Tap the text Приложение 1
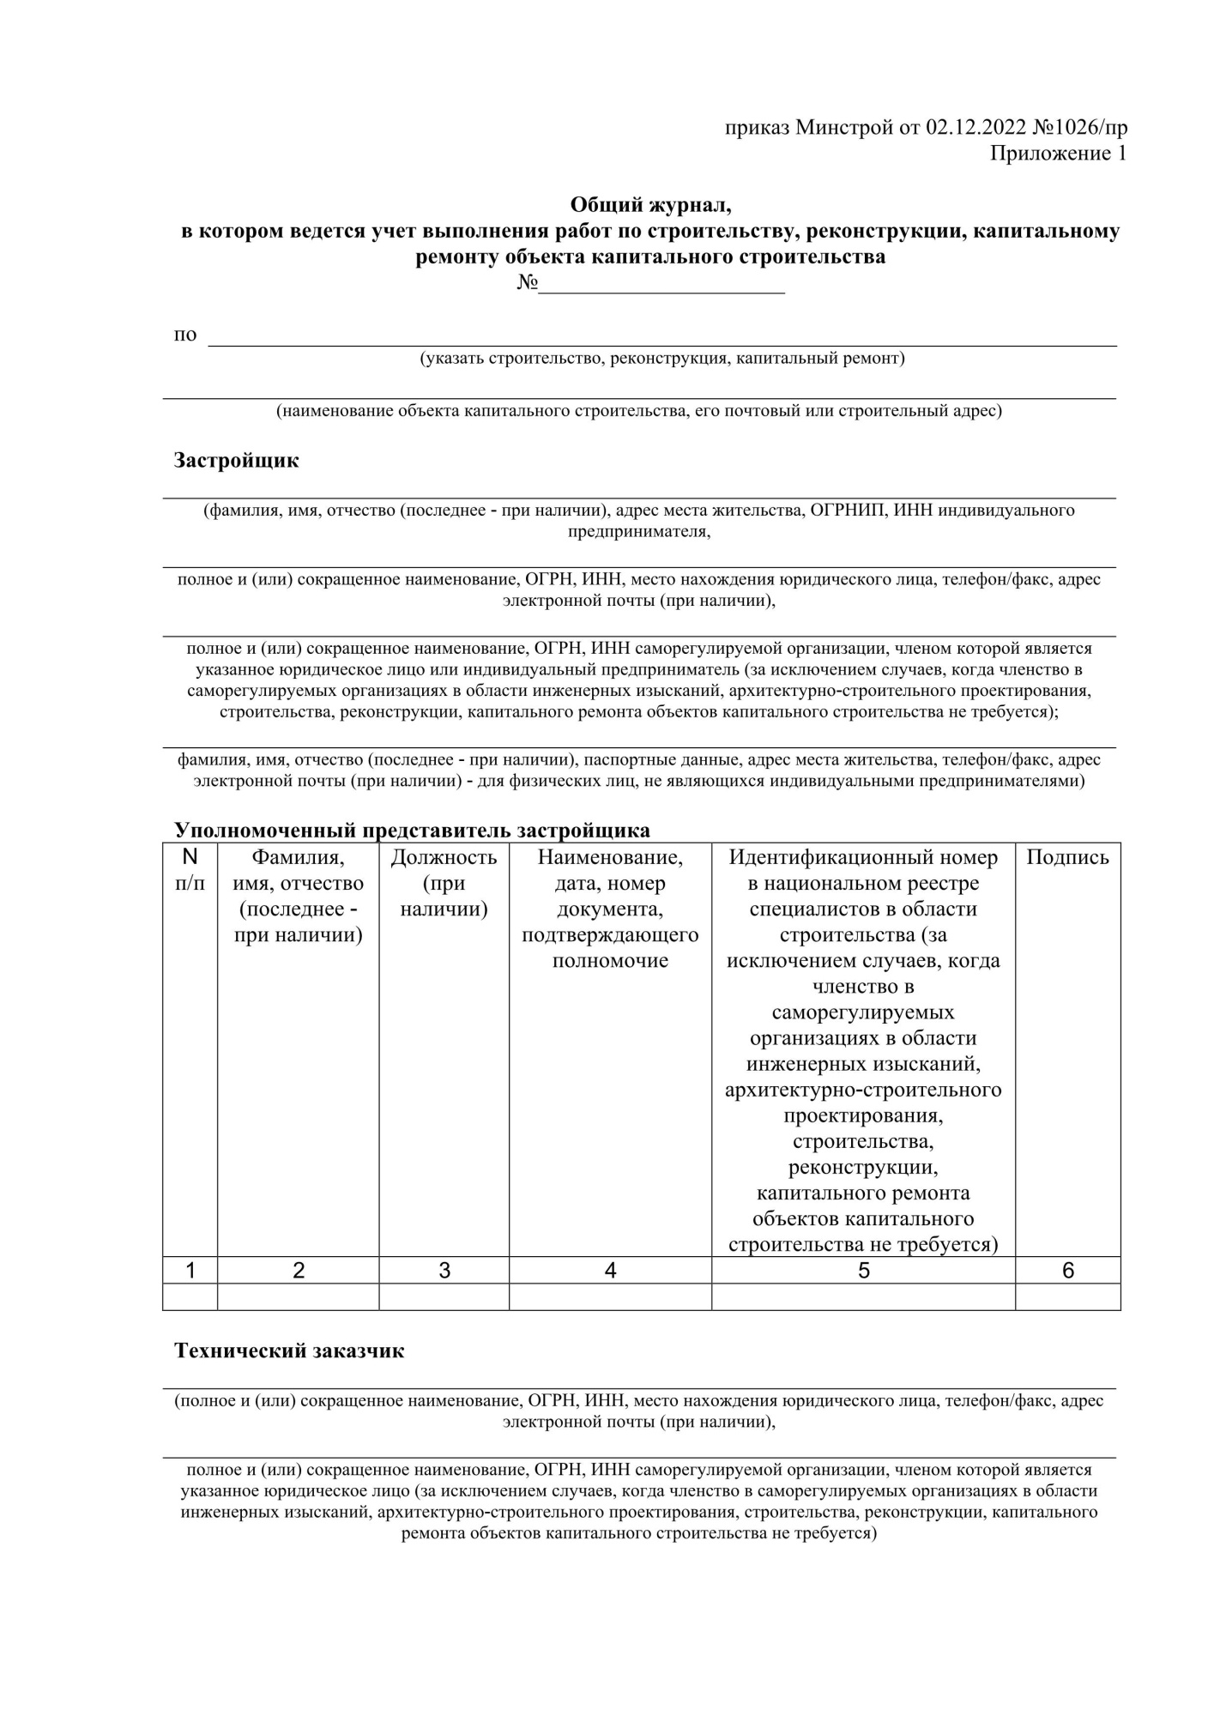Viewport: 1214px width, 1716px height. [1058, 154]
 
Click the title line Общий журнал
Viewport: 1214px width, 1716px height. [650, 205]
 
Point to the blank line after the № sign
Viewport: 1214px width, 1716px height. [661, 284]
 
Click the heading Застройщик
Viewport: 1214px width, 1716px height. [236, 461]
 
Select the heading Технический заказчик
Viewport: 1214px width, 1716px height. [289, 1351]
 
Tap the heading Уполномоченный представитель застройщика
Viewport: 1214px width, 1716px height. [412, 830]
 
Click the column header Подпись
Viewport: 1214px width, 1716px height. [1067, 858]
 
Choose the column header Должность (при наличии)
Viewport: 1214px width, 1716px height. [444, 883]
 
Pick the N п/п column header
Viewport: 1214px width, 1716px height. [190, 870]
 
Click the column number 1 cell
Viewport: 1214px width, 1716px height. [190, 1271]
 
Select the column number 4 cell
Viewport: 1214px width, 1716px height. [610, 1271]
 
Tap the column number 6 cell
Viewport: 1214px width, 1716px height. [1067, 1271]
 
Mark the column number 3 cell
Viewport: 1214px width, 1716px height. [444, 1271]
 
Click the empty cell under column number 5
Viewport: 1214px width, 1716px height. [863, 1297]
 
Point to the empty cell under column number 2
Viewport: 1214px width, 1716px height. [298, 1297]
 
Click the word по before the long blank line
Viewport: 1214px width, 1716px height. [185, 335]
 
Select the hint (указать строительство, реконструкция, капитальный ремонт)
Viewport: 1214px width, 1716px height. [661, 359]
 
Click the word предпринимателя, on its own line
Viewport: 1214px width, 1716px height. [639, 532]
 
